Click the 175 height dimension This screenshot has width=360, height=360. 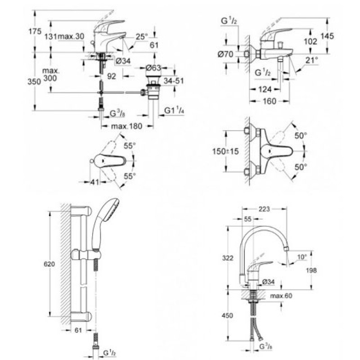point(35,31)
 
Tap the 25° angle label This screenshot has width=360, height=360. point(142,36)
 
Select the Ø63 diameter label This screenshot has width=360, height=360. point(153,68)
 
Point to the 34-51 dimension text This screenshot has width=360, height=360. point(174,81)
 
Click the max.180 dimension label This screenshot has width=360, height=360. point(126,126)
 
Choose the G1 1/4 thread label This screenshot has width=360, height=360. point(174,111)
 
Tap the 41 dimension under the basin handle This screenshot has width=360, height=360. point(94,182)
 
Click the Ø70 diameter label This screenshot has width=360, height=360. point(225,54)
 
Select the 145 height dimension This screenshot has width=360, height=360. point(327,36)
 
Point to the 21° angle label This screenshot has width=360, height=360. point(312,60)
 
